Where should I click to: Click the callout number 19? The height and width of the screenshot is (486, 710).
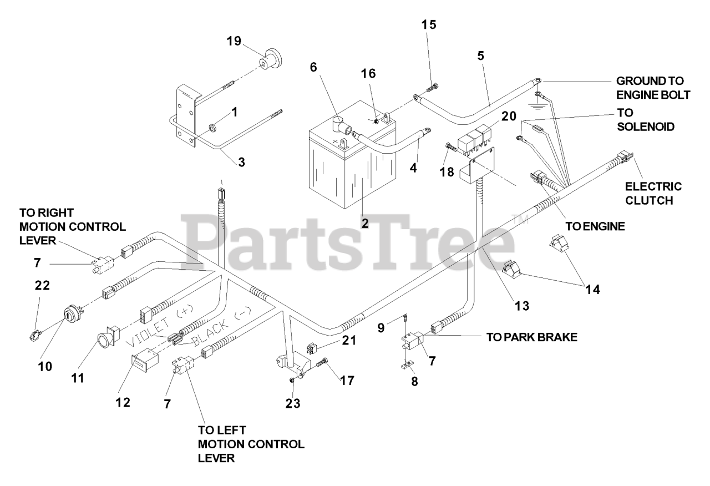click(x=234, y=41)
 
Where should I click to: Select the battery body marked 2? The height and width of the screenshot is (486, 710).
click(x=352, y=159)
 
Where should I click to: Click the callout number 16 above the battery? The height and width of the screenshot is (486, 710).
click(x=368, y=74)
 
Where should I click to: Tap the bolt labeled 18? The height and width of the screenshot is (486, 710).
click(x=450, y=147)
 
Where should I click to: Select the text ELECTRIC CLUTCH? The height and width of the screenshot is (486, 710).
click(x=653, y=194)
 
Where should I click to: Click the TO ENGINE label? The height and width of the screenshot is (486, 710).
click(x=595, y=226)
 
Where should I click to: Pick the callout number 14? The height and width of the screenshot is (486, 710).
click(x=593, y=289)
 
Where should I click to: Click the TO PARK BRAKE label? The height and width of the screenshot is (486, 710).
click(x=532, y=337)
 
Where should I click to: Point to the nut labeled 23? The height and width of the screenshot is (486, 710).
click(x=292, y=380)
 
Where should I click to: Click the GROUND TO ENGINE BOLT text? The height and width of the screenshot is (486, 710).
click(x=653, y=88)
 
